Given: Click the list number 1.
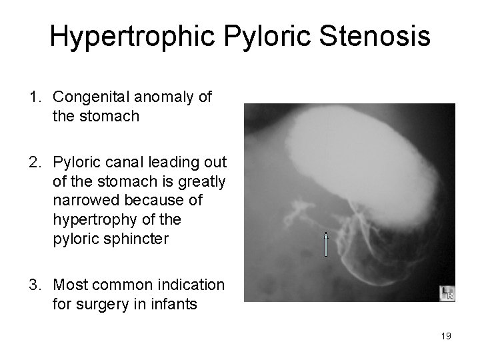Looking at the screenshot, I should [x=34, y=97].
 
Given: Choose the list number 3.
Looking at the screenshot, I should [x=34, y=285].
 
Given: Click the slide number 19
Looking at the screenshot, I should [x=446, y=336].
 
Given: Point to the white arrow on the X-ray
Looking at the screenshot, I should [x=325, y=244].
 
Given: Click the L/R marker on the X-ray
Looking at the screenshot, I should [x=447, y=293].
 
